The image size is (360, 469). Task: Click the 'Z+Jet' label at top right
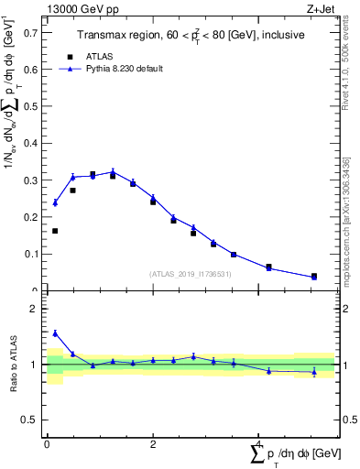[321, 9]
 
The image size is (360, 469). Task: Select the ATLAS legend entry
[97, 56]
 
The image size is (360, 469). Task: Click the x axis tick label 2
[153, 444]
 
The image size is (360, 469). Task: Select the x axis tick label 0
[47, 444]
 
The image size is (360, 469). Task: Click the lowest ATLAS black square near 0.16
[55, 231]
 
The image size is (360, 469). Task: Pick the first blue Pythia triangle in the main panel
[55, 202]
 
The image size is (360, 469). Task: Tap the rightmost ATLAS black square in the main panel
[314, 276]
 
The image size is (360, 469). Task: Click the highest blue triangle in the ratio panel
[55, 333]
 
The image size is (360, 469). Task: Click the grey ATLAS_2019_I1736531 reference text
[191, 274]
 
